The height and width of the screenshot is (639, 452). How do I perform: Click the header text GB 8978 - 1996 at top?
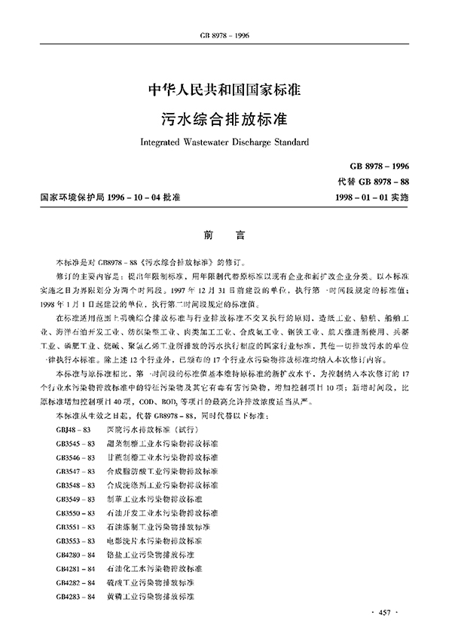tap(225, 14)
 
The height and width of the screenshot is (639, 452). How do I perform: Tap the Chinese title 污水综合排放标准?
tap(225, 119)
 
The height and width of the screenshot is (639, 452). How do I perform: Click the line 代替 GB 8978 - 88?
tap(374, 181)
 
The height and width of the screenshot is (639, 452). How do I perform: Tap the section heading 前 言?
tap(225, 235)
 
